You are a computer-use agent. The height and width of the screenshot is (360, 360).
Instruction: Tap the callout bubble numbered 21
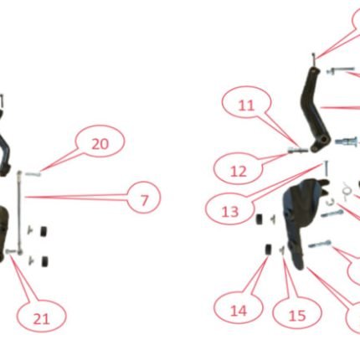pyautogui.click(x=42, y=316)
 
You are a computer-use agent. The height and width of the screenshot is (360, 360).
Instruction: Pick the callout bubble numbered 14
pyautogui.click(x=239, y=308)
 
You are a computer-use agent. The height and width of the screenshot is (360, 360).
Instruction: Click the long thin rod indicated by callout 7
pyautogui.click(x=19, y=213)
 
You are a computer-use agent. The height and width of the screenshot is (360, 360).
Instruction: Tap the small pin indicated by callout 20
pyautogui.click(x=33, y=174)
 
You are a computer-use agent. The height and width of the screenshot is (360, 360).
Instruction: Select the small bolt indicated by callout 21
pyautogui.click(x=10, y=251)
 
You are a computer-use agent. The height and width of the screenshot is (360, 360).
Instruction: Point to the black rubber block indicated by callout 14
pyautogui.click(x=269, y=249)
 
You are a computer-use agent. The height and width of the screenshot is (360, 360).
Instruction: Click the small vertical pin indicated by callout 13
pyautogui.click(x=326, y=169)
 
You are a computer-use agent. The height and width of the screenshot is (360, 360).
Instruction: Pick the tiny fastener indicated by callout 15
pyautogui.click(x=282, y=250)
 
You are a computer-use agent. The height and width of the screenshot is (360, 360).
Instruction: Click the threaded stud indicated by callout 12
pyautogui.click(x=298, y=150)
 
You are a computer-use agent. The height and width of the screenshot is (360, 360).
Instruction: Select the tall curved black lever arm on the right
pyautogui.click(x=315, y=111)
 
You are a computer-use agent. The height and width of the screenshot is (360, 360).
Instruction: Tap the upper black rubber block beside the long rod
pyautogui.click(x=44, y=231)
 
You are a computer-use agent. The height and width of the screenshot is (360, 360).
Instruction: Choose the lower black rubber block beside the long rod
pyautogui.click(x=44, y=261)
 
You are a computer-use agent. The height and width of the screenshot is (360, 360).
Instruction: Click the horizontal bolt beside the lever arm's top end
pyautogui.click(x=341, y=70)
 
